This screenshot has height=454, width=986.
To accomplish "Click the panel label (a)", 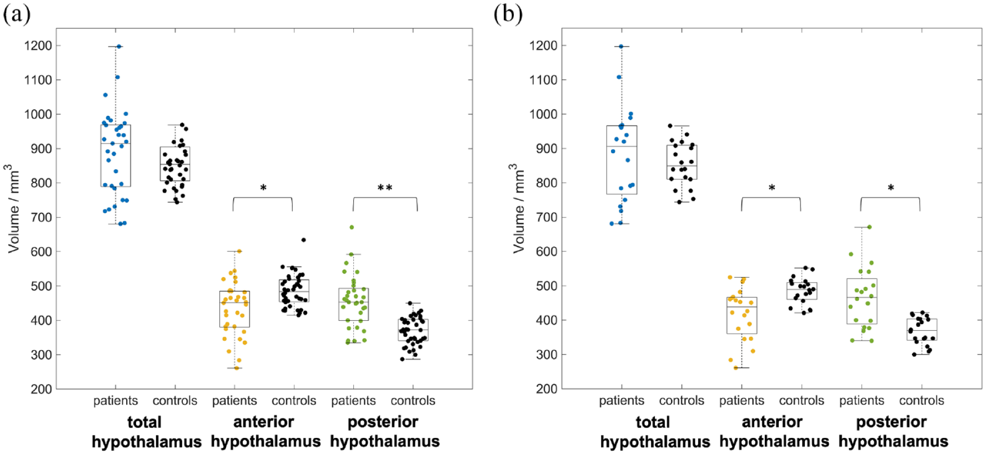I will click(x=16, y=13).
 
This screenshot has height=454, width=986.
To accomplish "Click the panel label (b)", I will click(x=508, y=13).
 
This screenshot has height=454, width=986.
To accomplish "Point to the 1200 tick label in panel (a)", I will click(x=38, y=46).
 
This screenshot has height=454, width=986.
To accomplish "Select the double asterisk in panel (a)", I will click(x=385, y=188).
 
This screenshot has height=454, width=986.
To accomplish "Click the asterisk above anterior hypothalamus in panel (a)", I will click(x=263, y=188).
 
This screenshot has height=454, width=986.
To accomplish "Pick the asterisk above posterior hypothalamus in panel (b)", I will click(x=890, y=188).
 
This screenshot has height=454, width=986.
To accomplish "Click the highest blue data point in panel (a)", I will click(x=119, y=47).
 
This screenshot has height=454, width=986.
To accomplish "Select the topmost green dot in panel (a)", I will click(x=352, y=228).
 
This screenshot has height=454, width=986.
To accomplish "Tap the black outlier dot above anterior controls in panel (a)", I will click(x=303, y=240).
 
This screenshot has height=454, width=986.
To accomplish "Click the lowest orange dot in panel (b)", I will click(x=736, y=368).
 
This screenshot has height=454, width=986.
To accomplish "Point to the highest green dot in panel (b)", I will click(x=869, y=227).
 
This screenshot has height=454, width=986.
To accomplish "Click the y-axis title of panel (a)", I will click(x=12, y=209).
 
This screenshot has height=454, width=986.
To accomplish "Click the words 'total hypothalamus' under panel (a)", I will click(x=146, y=432).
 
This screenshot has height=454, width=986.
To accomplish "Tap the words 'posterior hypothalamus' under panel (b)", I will click(x=893, y=432).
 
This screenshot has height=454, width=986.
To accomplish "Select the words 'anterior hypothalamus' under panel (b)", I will click(x=773, y=432).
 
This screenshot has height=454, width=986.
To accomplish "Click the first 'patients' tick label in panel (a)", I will click(x=116, y=401).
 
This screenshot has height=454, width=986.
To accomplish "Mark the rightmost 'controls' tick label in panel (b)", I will click(x=921, y=401).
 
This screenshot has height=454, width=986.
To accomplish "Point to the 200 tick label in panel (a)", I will click(x=42, y=389).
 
